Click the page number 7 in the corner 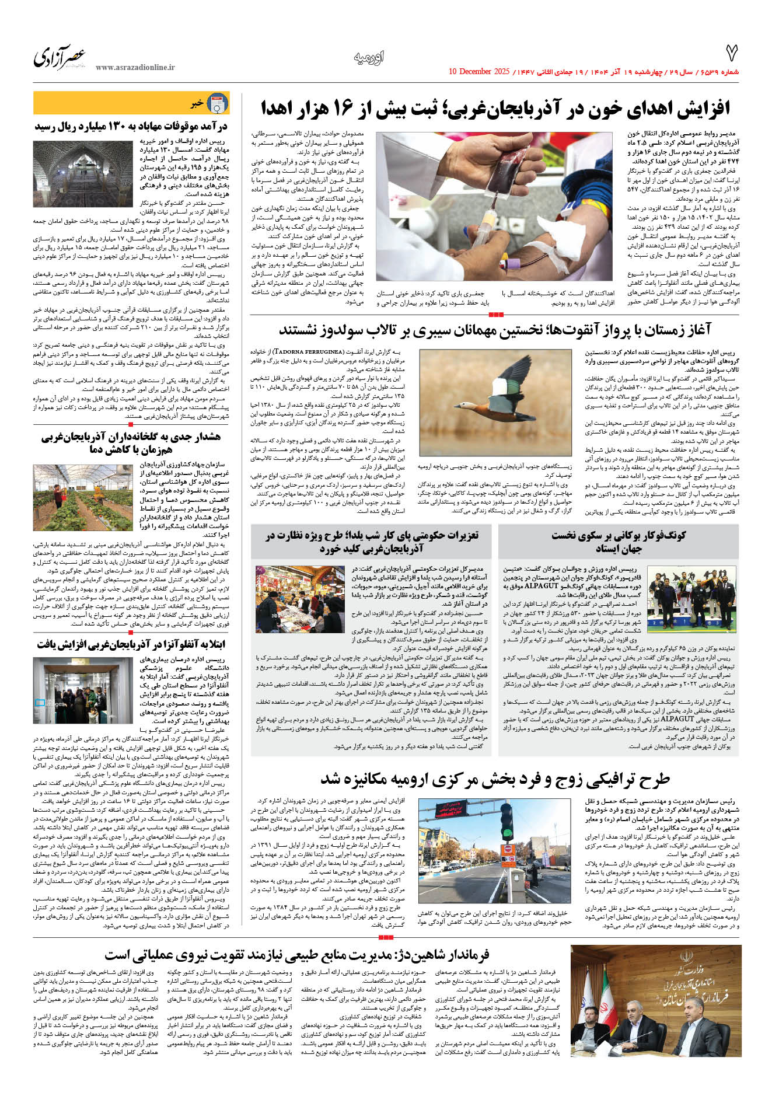(731, 54)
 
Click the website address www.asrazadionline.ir (135, 68)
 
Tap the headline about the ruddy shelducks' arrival (495, 330)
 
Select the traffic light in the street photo (506, 823)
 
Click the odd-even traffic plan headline (495, 780)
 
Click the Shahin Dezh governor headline (298, 955)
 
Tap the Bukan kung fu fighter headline (619, 542)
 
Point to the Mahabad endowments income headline (131, 126)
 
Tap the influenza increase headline (131, 644)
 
